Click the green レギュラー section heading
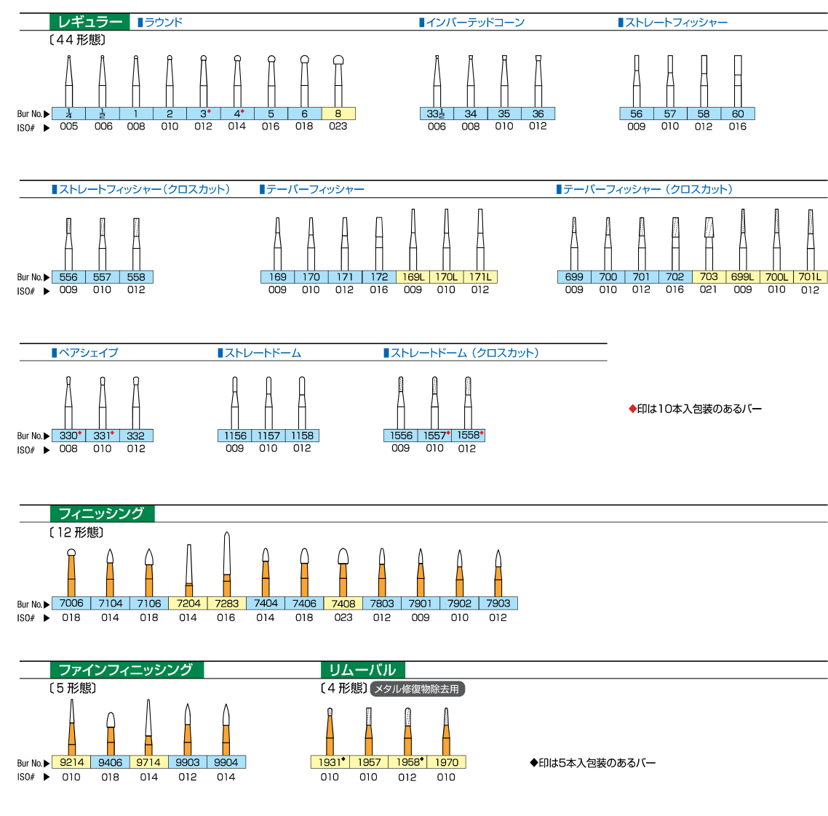89,22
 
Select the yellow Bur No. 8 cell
338,113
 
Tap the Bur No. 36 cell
538,113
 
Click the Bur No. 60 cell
738,113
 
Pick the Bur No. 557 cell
102,277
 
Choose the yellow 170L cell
446,277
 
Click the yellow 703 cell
709,277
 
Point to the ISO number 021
709,289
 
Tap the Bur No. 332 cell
136,436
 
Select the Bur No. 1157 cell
268,436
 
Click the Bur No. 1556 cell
401,436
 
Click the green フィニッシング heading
101,513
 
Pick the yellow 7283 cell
226,603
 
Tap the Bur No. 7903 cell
498,603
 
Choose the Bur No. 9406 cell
111,762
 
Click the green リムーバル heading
362,670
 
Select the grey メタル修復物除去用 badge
417,689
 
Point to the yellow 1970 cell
447,762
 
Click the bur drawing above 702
675,244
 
